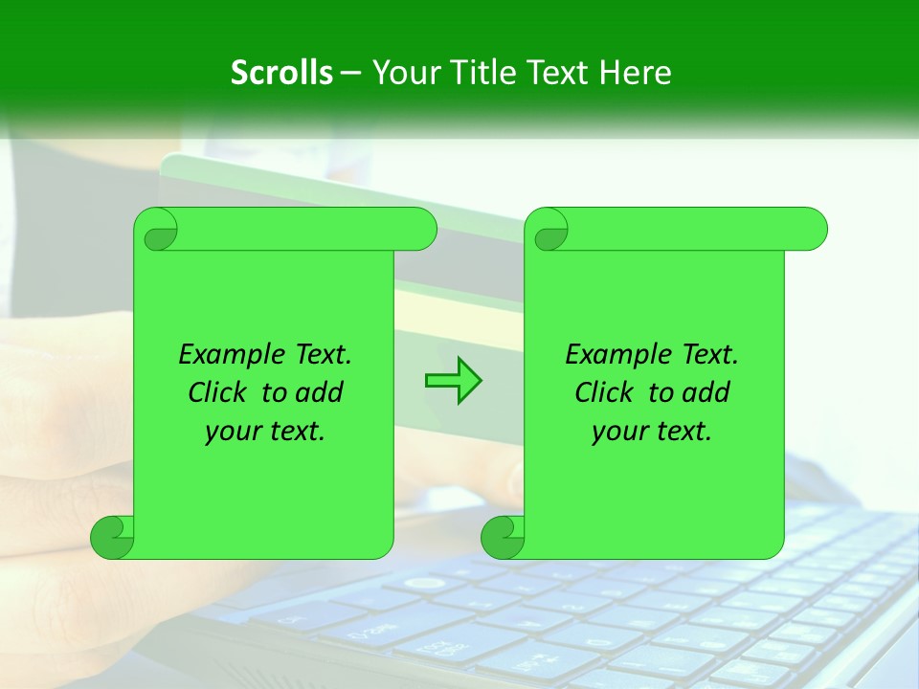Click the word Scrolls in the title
pyautogui.click(x=282, y=73)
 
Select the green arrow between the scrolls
pyautogui.click(x=453, y=381)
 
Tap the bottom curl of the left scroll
pyautogui.click(x=112, y=537)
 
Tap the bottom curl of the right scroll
pyautogui.click(x=503, y=537)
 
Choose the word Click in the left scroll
pyautogui.click(x=219, y=393)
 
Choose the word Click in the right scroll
pyautogui.click(x=606, y=393)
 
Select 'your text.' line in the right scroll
pyautogui.click(x=652, y=432)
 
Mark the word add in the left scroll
pyautogui.click(x=320, y=393)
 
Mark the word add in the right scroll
pyautogui.click(x=706, y=393)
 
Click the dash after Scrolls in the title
pyautogui.click(x=350, y=73)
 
